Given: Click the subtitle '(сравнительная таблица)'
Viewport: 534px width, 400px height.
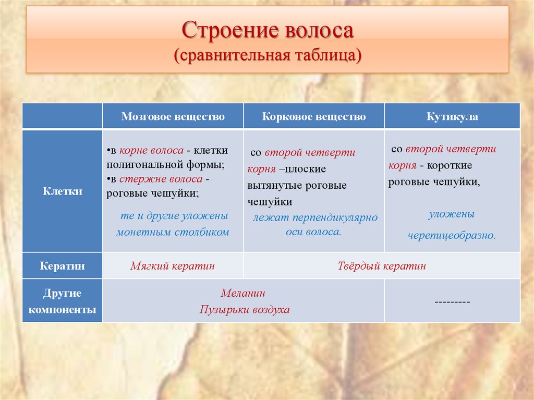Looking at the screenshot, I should pos(268,54).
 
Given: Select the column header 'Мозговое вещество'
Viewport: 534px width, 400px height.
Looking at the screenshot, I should pos(173,116).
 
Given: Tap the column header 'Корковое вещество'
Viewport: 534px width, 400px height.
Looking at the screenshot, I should pos(314,116).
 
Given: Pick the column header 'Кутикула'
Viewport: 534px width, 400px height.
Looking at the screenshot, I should pos(452,116).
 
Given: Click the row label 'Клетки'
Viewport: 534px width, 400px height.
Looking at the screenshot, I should pos(62,191).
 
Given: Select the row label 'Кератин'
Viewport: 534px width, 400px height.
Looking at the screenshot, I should pos(62,266).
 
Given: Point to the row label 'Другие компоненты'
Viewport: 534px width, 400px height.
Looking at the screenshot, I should pos(62,301).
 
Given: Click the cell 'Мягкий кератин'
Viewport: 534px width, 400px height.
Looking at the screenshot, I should pos(173,266).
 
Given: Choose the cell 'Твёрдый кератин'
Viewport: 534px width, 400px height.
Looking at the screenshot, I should pos(381,266).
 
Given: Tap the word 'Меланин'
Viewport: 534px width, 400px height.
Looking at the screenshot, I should pos(242,294).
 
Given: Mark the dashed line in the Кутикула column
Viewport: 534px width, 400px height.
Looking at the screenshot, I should pos(452,301).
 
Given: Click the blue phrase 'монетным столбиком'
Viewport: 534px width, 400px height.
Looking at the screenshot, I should pos(173,232).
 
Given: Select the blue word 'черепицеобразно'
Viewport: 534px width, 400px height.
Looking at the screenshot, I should pos(451,235).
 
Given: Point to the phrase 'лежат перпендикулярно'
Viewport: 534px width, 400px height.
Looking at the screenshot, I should pos(315,217).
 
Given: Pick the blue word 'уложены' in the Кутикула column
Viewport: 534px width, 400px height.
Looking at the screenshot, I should pos(452,214).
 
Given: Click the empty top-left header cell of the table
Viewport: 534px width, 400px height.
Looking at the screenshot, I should pos(62,116).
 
